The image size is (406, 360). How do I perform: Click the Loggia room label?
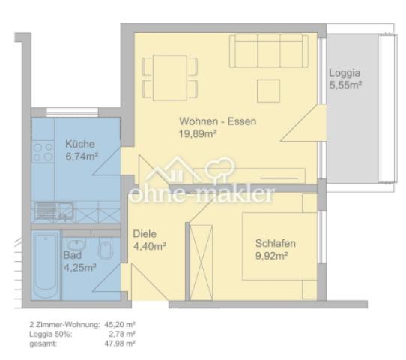tap(344, 73)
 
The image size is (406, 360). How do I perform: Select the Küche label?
tap(79, 144)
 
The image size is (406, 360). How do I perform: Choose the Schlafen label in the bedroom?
tap(275, 243)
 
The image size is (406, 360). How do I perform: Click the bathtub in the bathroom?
tap(46, 265)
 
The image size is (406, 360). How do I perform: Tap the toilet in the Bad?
tap(105, 251)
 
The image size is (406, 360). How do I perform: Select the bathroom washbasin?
tap(76, 244)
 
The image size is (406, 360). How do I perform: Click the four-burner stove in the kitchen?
tap(43, 153)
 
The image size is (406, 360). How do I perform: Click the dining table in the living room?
tap(170, 76)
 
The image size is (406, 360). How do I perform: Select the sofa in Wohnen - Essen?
tap(269, 52)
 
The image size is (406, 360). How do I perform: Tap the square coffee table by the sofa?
tap(268, 91)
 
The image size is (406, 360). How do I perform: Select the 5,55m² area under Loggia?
tap(345, 85)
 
